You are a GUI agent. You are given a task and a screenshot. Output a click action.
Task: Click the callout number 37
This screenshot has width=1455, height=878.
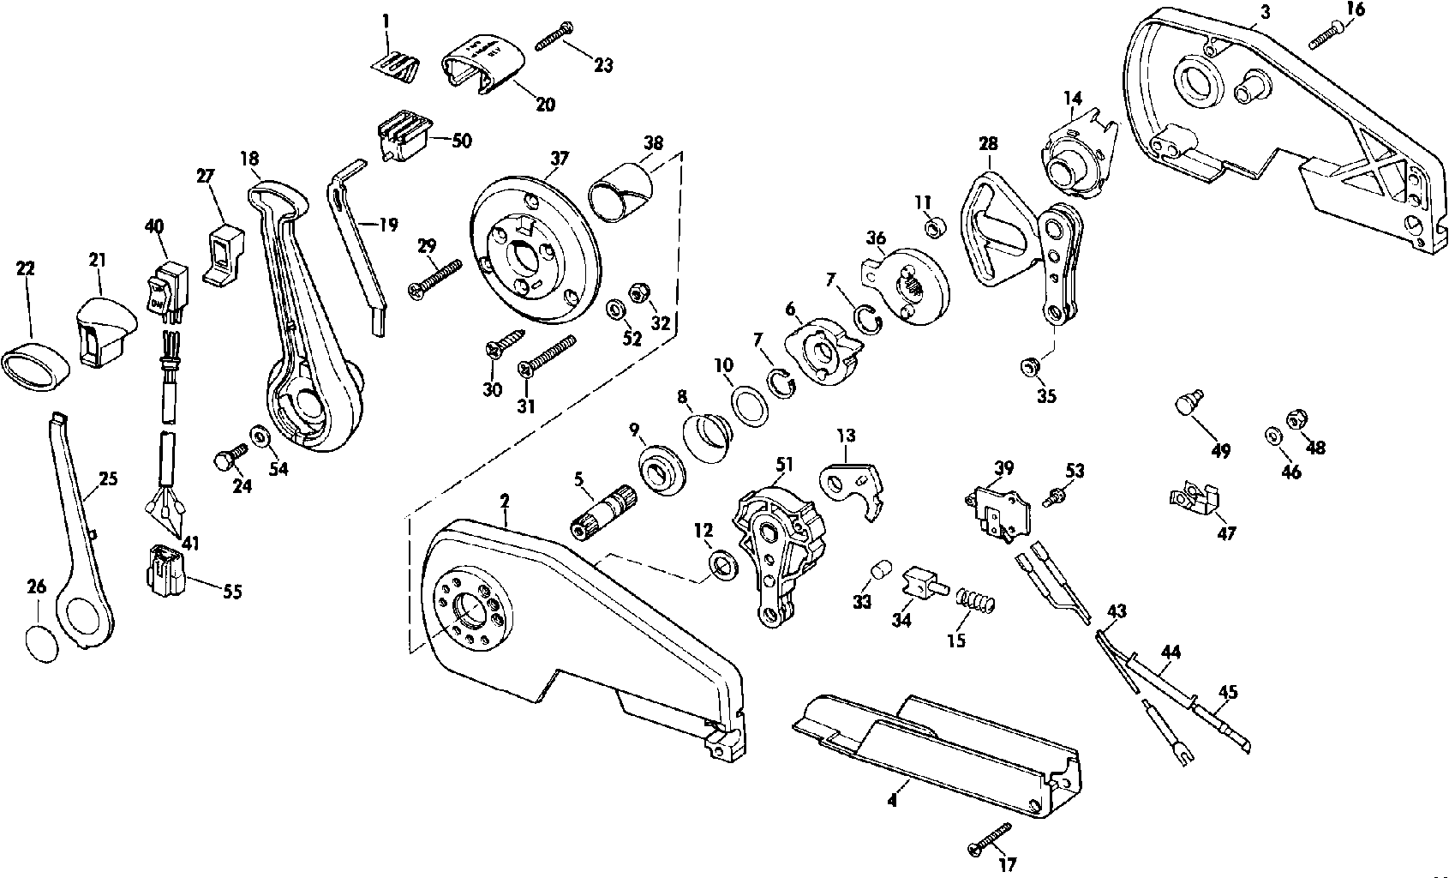[x=559, y=159]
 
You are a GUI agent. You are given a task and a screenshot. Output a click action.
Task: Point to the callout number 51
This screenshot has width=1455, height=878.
[x=785, y=465]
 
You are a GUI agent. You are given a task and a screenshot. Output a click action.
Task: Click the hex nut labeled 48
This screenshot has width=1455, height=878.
[x=1294, y=420]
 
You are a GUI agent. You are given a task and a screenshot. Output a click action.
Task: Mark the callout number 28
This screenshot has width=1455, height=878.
[x=987, y=144]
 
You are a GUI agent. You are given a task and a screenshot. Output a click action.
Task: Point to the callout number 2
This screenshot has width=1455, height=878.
[x=505, y=499]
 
